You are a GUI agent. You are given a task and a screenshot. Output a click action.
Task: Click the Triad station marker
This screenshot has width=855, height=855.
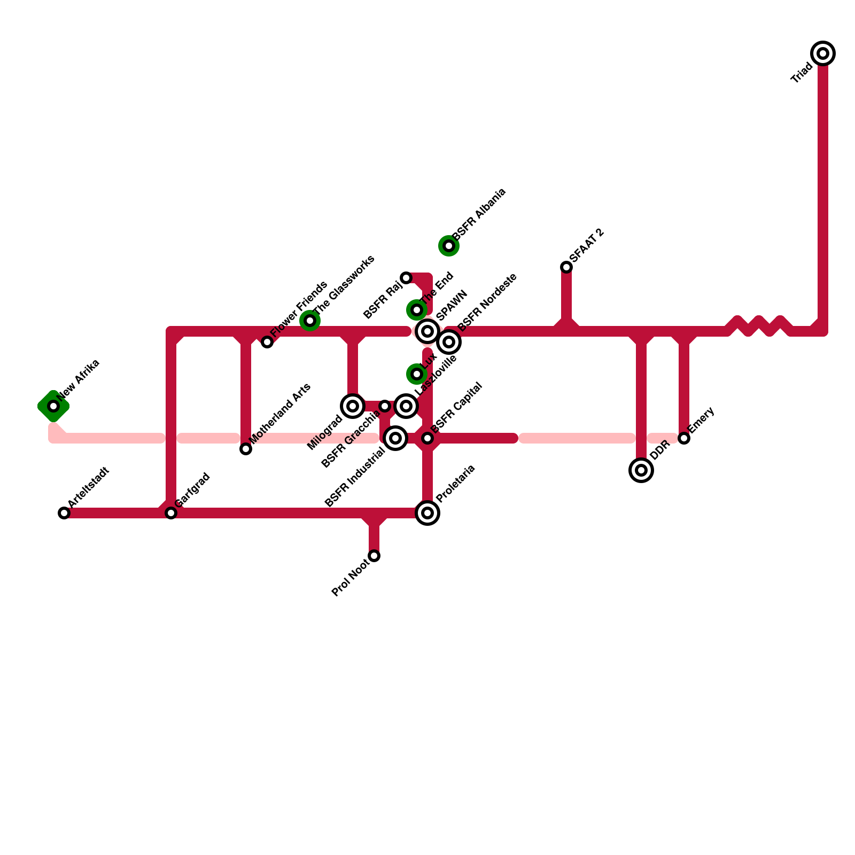point(823,53)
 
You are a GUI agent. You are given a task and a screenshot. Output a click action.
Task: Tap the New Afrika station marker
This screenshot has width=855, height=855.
point(53,406)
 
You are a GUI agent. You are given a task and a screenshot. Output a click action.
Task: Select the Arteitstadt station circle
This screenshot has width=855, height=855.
point(64,513)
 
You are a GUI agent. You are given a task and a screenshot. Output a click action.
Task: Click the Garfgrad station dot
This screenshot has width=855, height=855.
point(171,513)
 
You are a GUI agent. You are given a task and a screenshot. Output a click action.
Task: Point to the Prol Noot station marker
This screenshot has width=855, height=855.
point(374,556)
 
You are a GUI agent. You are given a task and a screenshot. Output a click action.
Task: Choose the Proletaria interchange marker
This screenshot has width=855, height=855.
point(428,513)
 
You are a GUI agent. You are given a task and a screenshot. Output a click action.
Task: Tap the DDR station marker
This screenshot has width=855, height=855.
point(641,470)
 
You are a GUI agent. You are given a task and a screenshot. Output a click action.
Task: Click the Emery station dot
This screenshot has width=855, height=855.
point(684,438)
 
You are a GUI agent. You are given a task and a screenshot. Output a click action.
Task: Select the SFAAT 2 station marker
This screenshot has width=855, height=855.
point(566,267)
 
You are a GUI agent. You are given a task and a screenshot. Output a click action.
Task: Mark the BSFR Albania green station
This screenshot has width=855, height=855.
point(449,246)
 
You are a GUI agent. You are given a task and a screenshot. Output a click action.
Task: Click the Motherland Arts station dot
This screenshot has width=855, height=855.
point(246,449)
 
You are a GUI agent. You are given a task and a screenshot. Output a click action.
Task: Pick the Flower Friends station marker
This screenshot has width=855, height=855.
point(267,342)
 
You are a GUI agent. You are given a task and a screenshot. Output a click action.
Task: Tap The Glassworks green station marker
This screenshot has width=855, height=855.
point(310,321)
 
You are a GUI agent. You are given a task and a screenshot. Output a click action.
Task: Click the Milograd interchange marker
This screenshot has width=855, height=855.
point(353,406)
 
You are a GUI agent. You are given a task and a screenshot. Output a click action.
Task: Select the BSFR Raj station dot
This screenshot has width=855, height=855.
point(406,278)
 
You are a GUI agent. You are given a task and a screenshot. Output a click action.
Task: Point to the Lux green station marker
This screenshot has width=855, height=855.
point(417,374)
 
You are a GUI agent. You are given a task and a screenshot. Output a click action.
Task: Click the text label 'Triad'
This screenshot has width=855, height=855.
point(802,73)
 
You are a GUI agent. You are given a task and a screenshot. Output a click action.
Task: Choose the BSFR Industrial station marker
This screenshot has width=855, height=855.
point(395,438)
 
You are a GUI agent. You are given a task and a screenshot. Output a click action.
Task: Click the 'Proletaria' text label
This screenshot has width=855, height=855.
point(455,484)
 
